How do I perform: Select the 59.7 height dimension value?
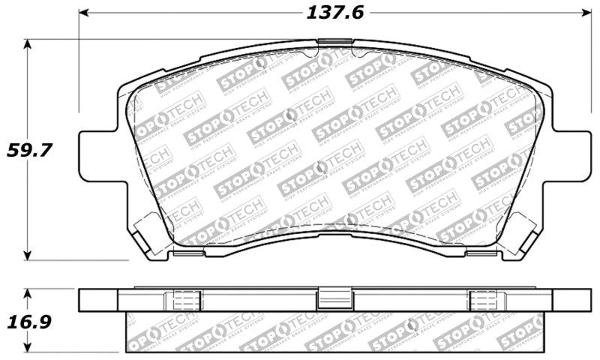coord(28,150)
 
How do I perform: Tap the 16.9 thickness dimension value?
coord(28,322)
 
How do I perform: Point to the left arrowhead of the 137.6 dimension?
coord(83,13)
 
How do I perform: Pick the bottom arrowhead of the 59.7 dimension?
coord(28,254)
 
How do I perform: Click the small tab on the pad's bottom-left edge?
coord(183,253)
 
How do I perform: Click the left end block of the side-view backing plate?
coord(99,300)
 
